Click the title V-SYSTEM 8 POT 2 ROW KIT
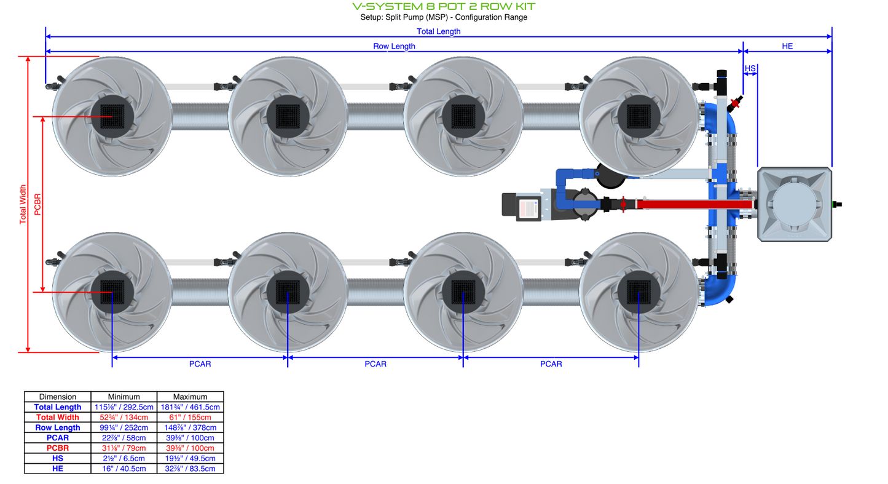[x=444, y=6]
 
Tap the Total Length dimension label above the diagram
[x=438, y=31]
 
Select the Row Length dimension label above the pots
[x=394, y=46]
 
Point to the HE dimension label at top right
[x=787, y=46]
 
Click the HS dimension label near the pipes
[x=750, y=68]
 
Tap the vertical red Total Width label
[x=23, y=204]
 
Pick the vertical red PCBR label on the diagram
[x=38, y=204]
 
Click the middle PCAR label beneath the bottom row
[x=375, y=364]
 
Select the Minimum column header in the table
[x=124, y=397]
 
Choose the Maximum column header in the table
[x=190, y=397]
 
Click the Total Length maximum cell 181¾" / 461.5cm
[x=190, y=407]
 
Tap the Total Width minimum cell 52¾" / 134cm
[x=124, y=418]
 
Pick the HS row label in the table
[x=58, y=458]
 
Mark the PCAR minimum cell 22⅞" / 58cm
[x=124, y=438]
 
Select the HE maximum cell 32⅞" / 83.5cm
[x=190, y=469]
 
